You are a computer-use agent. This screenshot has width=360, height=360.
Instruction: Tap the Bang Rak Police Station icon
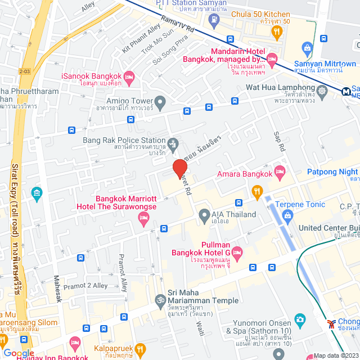tap(173, 141)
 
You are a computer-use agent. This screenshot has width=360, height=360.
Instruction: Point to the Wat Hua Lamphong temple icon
tap(322, 91)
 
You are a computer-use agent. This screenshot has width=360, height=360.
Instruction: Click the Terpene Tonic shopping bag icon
tap(288, 215)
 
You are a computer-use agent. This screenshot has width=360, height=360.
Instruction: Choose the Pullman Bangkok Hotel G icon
tap(237, 251)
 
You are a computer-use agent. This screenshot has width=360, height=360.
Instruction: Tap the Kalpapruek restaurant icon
tap(140, 349)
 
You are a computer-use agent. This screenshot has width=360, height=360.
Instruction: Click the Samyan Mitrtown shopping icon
tap(307, 48)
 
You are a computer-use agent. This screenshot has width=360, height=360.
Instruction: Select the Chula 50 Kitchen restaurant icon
tap(276, 33)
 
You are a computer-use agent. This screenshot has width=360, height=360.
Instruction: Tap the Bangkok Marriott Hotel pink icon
tap(143, 220)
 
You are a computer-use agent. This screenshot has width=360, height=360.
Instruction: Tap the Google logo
tap(19, 353)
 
